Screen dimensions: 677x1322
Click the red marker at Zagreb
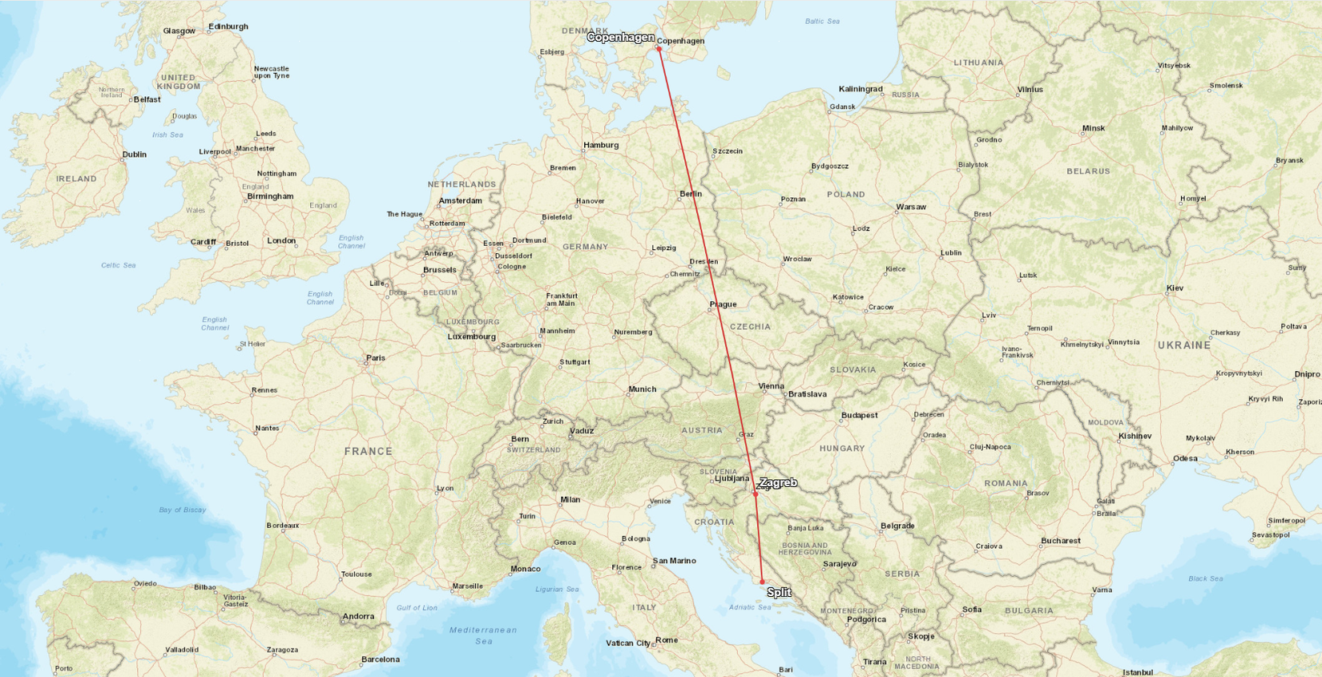click(756, 494)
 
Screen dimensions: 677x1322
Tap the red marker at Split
click(762, 582)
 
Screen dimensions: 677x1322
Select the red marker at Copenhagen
click(659, 48)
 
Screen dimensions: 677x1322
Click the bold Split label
click(779, 592)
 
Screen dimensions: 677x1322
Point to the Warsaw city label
click(911, 207)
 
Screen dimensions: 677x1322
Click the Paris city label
click(375, 358)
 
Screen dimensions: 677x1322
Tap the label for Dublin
click(135, 155)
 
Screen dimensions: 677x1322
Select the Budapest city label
click(859, 415)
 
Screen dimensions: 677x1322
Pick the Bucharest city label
click(1060, 541)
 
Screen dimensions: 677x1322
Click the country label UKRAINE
click(1183, 345)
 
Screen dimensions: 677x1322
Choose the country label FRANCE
click(368, 452)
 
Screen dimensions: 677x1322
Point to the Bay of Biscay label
click(182, 510)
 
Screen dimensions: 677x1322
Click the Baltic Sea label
click(822, 21)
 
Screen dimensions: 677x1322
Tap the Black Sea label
click(1205, 578)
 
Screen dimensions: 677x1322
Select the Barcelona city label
click(380, 659)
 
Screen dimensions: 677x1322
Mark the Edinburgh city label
click(228, 26)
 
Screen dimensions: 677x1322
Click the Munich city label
click(642, 389)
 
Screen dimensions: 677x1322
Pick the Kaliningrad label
click(861, 89)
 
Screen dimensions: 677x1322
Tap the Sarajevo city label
click(839, 564)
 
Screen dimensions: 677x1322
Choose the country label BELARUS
click(1088, 171)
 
